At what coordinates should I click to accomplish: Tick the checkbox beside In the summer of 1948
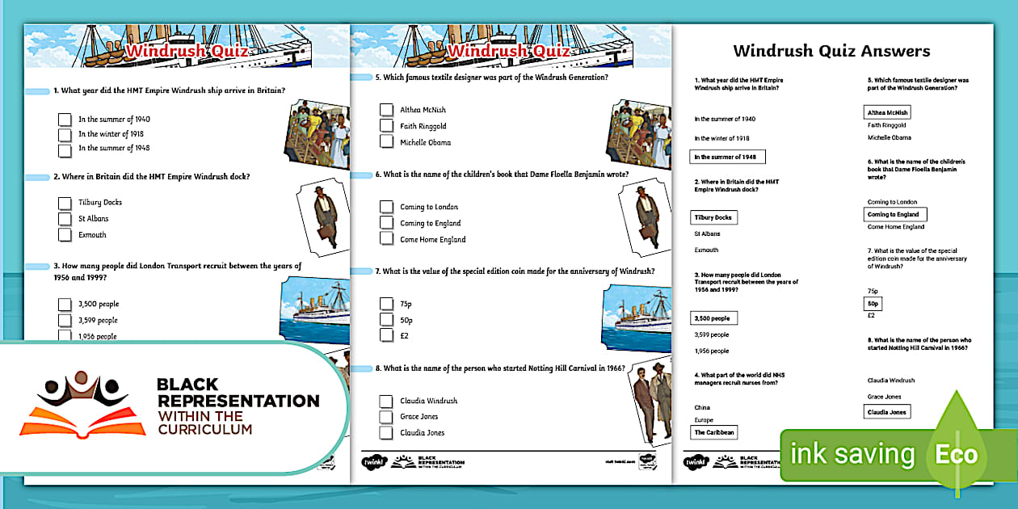coord(65,149)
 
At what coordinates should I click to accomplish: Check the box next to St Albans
coord(65,219)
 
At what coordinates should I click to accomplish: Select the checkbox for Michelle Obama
coord(386,142)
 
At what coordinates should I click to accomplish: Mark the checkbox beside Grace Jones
coord(386,417)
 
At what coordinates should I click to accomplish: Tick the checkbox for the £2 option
coord(386,335)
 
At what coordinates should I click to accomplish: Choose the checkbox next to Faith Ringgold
coord(386,126)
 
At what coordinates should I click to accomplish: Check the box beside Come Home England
coord(386,239)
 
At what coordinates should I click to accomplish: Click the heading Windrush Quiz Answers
coord(831,51)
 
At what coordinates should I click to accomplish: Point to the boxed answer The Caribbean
coord(713,432)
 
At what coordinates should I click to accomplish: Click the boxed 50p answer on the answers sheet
coord(873,304)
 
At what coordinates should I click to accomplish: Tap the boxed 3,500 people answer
coord(713,318)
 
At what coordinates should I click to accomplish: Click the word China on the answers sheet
coord(702,407)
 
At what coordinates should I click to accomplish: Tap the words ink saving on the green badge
coord(852,454)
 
